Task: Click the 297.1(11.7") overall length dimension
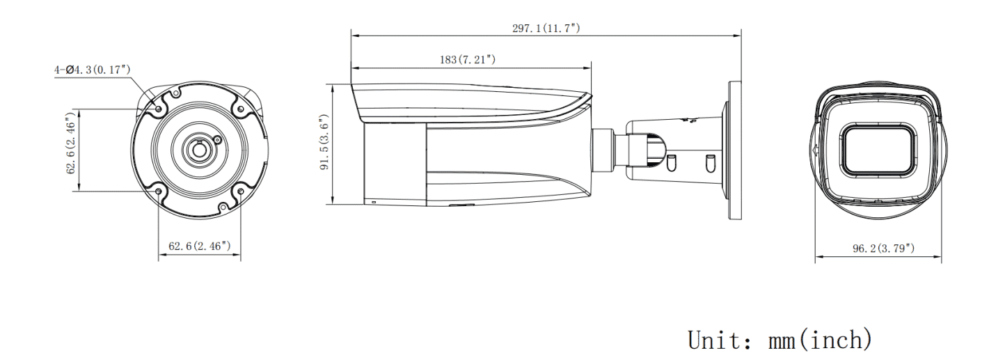click(546, 27)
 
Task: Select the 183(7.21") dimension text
click(467, 60)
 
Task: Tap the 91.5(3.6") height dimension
click(324, 144)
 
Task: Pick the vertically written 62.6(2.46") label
click(72, 149)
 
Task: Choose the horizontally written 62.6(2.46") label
click(200, 246)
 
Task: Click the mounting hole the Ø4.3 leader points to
click(159, 109)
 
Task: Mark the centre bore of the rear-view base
click(198, 150)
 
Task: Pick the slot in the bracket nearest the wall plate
click(709, 164)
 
